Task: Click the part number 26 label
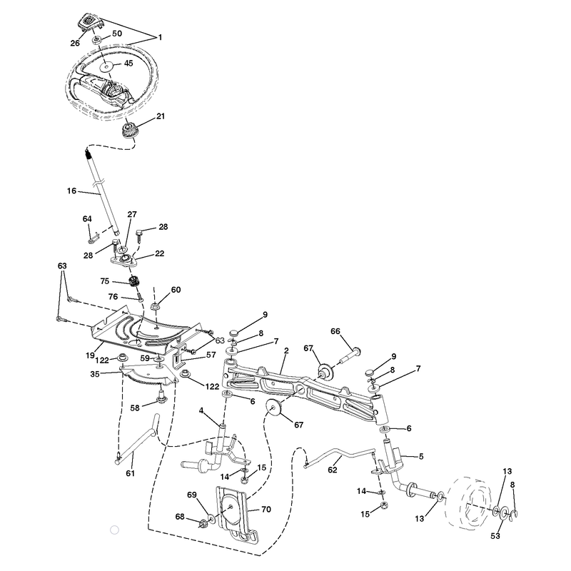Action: click(75, 43)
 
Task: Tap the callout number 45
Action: click(128, 63)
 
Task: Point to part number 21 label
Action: click(161, 116)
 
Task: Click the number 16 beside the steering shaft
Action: click(72, 191)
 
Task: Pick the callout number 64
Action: click(87, 219)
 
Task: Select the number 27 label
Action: click(132, 214)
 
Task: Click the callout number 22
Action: click(159, 253)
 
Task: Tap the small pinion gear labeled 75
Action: click(135, 281)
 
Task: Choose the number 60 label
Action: click(176, 290)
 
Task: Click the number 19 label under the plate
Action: click(91, 355)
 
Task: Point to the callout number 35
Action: click(95, 374)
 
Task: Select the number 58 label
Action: click(135, 408)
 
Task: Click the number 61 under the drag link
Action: click(131, 473)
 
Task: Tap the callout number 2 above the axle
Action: click(287, 350)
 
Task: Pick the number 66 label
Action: click(335, 331)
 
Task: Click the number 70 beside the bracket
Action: click(266, 509)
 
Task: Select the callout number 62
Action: click(333, 470)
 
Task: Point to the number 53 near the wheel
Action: click(495, 536)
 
